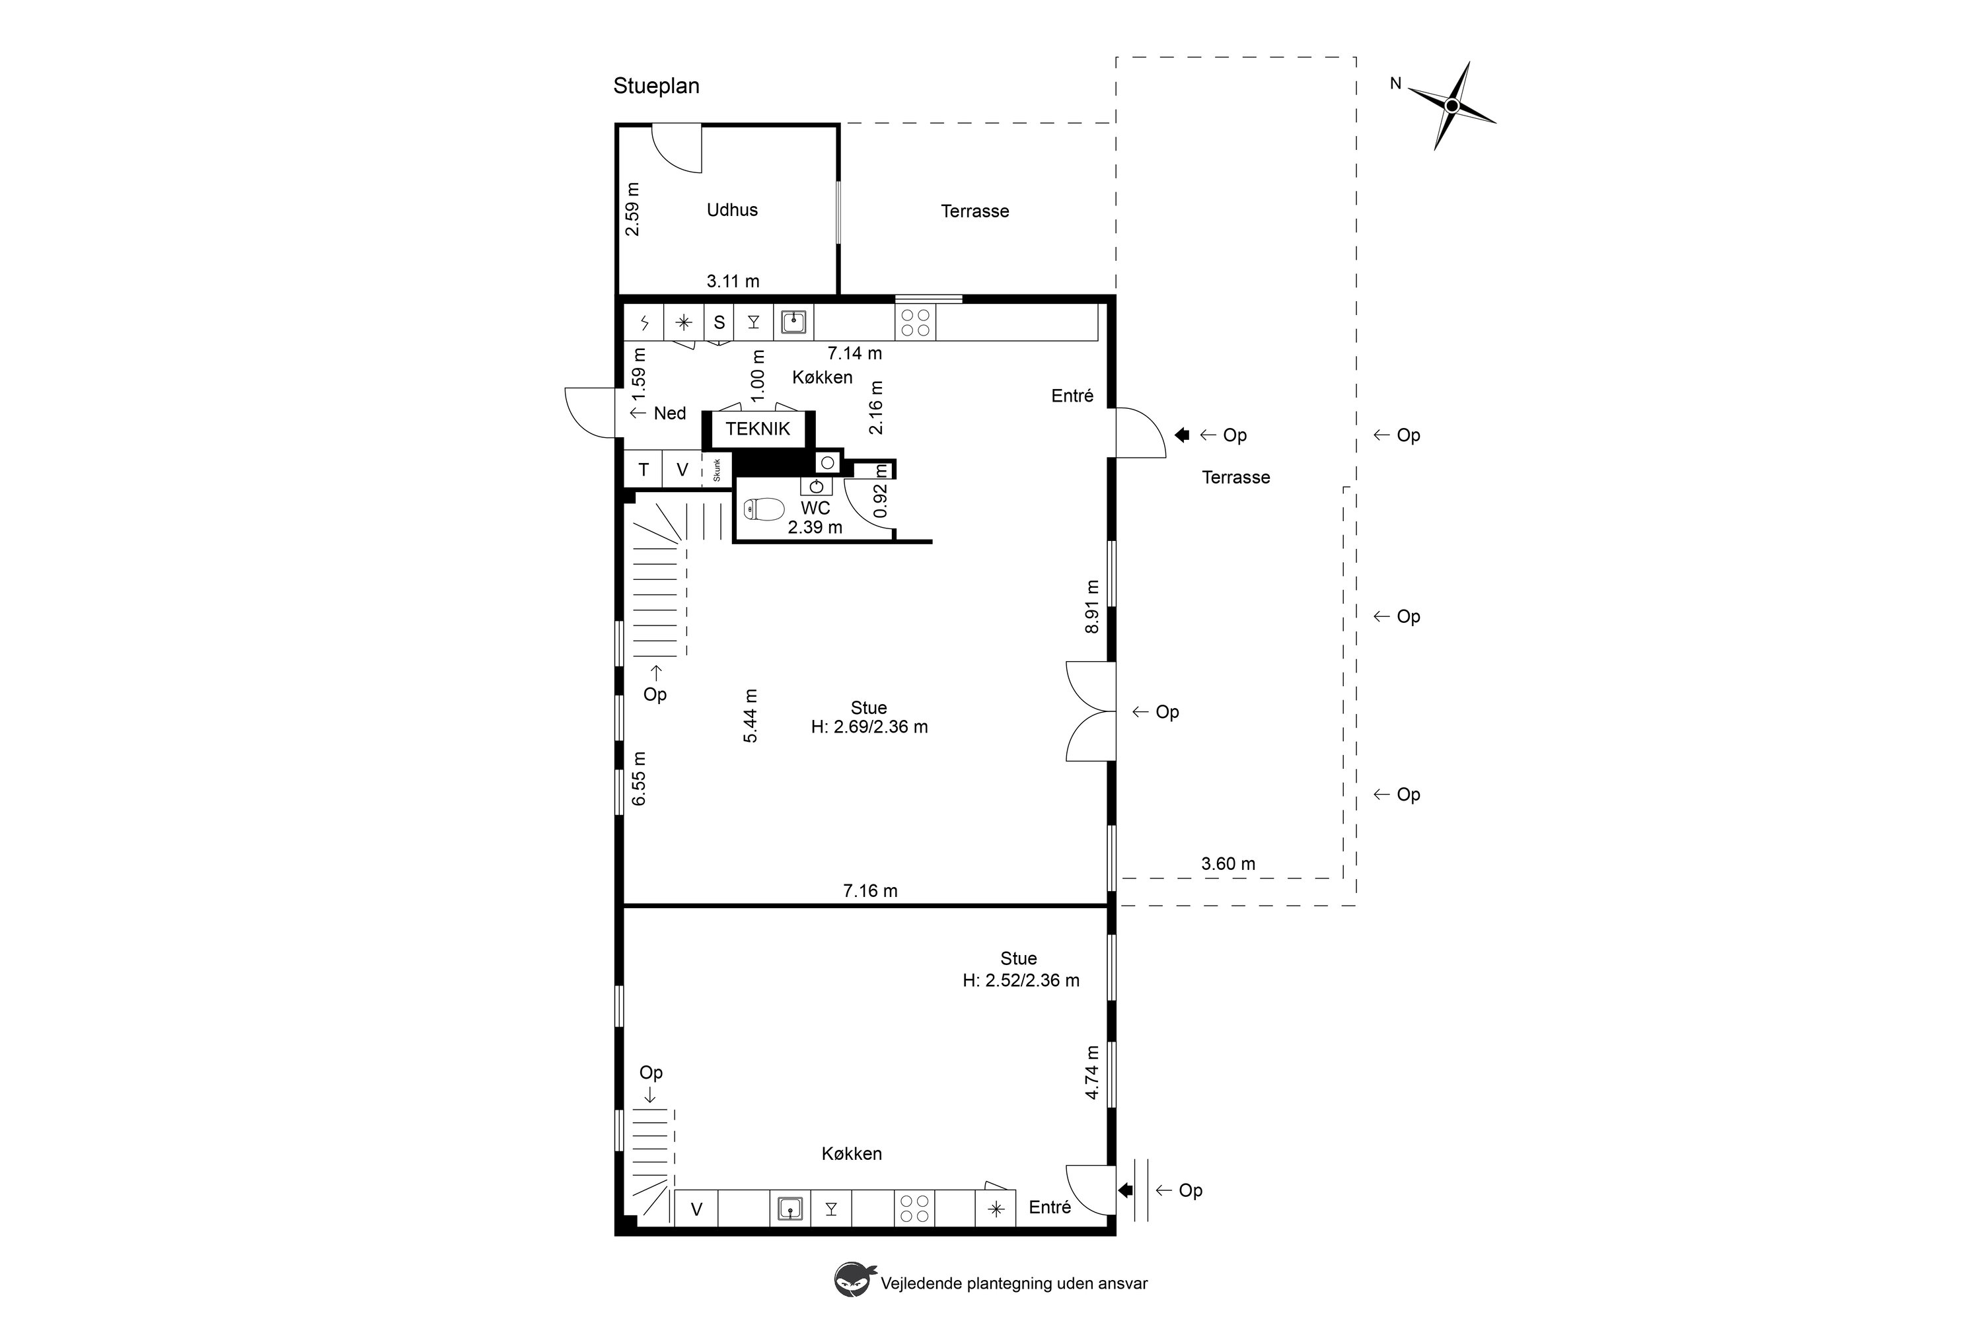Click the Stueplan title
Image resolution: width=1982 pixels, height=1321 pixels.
(657, 86)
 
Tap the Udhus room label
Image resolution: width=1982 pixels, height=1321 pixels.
(732, 210)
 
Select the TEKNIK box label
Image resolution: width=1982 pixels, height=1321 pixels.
(758, 429)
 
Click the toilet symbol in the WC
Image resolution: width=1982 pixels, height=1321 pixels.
(764, 509)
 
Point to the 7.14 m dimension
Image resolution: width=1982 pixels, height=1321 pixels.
(854, 353)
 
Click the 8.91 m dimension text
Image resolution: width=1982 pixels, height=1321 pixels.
(1092, 606)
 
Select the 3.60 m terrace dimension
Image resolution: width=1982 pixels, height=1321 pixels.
(1228, 863)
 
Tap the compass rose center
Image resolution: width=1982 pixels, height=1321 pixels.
(1451, 105)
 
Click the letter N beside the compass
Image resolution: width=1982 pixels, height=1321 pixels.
(1395, 83)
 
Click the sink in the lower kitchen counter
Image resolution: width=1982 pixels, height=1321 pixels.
(789, 1209)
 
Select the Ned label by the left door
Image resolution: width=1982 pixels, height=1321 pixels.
(670, 413)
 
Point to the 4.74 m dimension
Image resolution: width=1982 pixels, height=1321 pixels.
(1092, 1073)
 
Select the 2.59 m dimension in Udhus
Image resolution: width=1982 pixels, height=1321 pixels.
(632, 209)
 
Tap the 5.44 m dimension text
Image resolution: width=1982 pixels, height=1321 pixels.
(750, 716)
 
